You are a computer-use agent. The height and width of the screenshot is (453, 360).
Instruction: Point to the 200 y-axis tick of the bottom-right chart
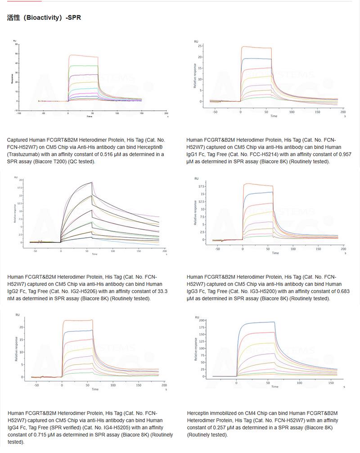[202, 320]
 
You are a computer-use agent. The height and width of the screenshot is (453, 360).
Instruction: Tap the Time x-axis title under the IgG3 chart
[275, 253]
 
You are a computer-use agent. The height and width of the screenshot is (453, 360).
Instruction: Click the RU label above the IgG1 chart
[196, 41]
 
